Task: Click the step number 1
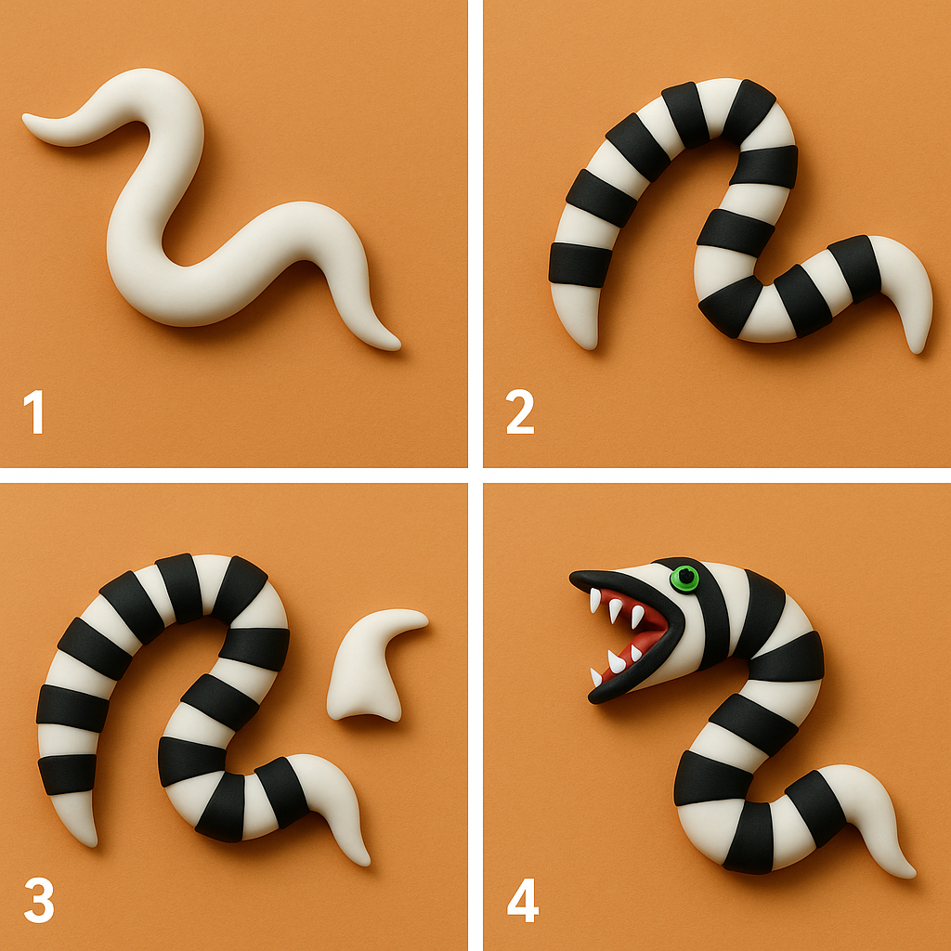pyautogui.click(x=34, y=411)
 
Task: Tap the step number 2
pyautogui.click(x=520, y=411)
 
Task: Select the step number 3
pyautogui.click(x=39, y=900)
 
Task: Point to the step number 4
pyautogui.click(x=522, y=900)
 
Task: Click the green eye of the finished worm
pyautogui.click(x=684, y=578)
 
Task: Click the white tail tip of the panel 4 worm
pyautogui.click(x=908, y=872)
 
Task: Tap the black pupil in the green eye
pyautogui.click(x=685, y=577)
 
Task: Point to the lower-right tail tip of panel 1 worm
pyautogui.click(x=396, y=347)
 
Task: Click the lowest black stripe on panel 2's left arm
pyautogui.click(x=580, y=265)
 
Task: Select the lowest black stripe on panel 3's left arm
pyautogui.click(x=67, y=774)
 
